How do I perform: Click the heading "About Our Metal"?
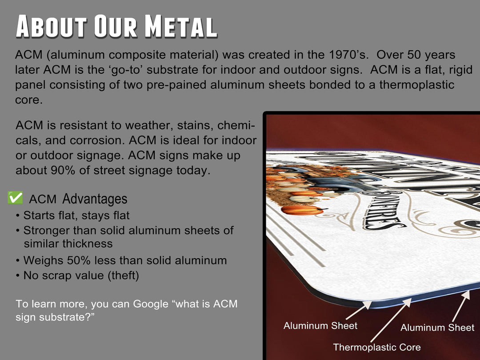116,27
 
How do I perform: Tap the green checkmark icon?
15,198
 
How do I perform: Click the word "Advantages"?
95,199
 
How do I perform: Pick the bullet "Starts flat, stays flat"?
76,216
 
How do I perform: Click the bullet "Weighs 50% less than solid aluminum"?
124,260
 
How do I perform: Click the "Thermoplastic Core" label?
376,347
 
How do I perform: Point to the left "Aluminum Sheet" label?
320,326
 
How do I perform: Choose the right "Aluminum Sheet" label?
437,328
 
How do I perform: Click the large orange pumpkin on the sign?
302,209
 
